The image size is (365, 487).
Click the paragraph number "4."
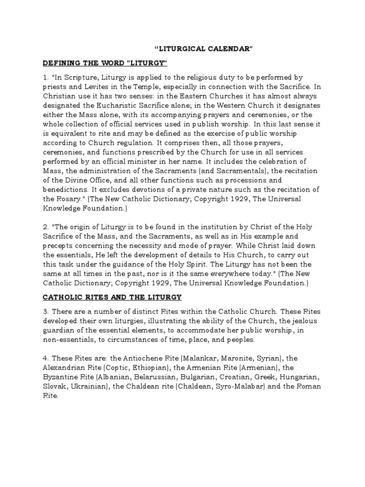pos(45,358)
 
